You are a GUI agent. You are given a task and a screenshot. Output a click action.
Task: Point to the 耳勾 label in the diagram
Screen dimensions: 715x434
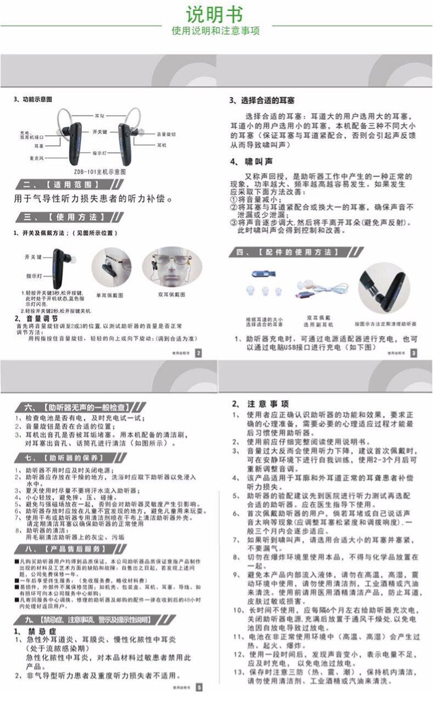pos(99,116)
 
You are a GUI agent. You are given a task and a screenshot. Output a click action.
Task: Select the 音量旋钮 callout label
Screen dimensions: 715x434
pos(166,134)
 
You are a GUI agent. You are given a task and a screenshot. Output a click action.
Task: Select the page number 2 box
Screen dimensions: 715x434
pos(198,353)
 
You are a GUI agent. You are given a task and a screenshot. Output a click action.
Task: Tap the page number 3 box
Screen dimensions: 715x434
pos(414,353)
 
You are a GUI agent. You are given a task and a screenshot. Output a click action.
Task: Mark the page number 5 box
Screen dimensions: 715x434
pos(199,687)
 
